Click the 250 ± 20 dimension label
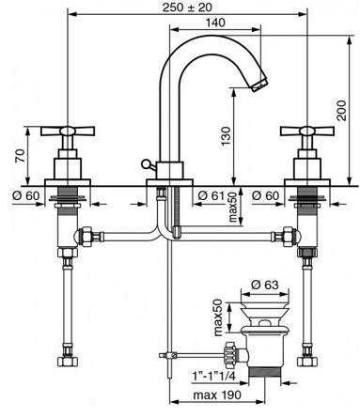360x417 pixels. pos(187,8)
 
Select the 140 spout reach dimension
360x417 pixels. pos(215,23)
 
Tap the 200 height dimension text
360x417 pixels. pos(341,111)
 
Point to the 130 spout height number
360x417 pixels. pos(226,135)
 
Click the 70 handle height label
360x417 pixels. pos(21,156)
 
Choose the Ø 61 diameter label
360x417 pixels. pos(211,196)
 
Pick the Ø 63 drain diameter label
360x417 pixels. pos(265,285)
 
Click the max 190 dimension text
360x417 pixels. pos(217,395)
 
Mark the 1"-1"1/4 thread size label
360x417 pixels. pos(213,376)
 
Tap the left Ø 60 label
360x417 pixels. pos(26,196)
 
